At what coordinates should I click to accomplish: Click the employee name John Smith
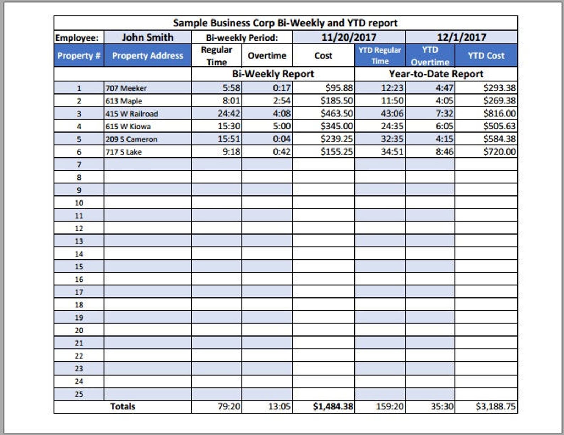(147, 37)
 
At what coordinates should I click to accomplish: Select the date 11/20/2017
(348, 37)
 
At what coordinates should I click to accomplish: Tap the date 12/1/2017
(461, 37)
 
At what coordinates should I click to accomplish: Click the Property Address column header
(147, 55)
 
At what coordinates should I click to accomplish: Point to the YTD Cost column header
(486, 55)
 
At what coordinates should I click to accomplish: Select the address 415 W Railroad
(132, 114)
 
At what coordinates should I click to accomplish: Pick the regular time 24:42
(229, 113)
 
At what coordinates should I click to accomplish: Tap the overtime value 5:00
(282, 126)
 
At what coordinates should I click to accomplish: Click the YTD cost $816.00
(499, 113)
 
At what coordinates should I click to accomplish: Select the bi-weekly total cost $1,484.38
(333, 407)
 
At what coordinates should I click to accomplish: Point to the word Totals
(123, 407)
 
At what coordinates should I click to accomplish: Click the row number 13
(79, 241)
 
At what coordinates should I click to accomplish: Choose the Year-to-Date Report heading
(436, 74)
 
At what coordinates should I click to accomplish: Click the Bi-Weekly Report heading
(273, 74)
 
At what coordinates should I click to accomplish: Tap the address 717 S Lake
(124, 152)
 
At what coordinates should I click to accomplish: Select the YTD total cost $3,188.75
(495, 407)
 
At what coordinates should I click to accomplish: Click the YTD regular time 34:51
(392, 152)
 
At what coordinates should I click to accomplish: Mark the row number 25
(79, 394)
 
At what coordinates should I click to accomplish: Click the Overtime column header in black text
(267, 55)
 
